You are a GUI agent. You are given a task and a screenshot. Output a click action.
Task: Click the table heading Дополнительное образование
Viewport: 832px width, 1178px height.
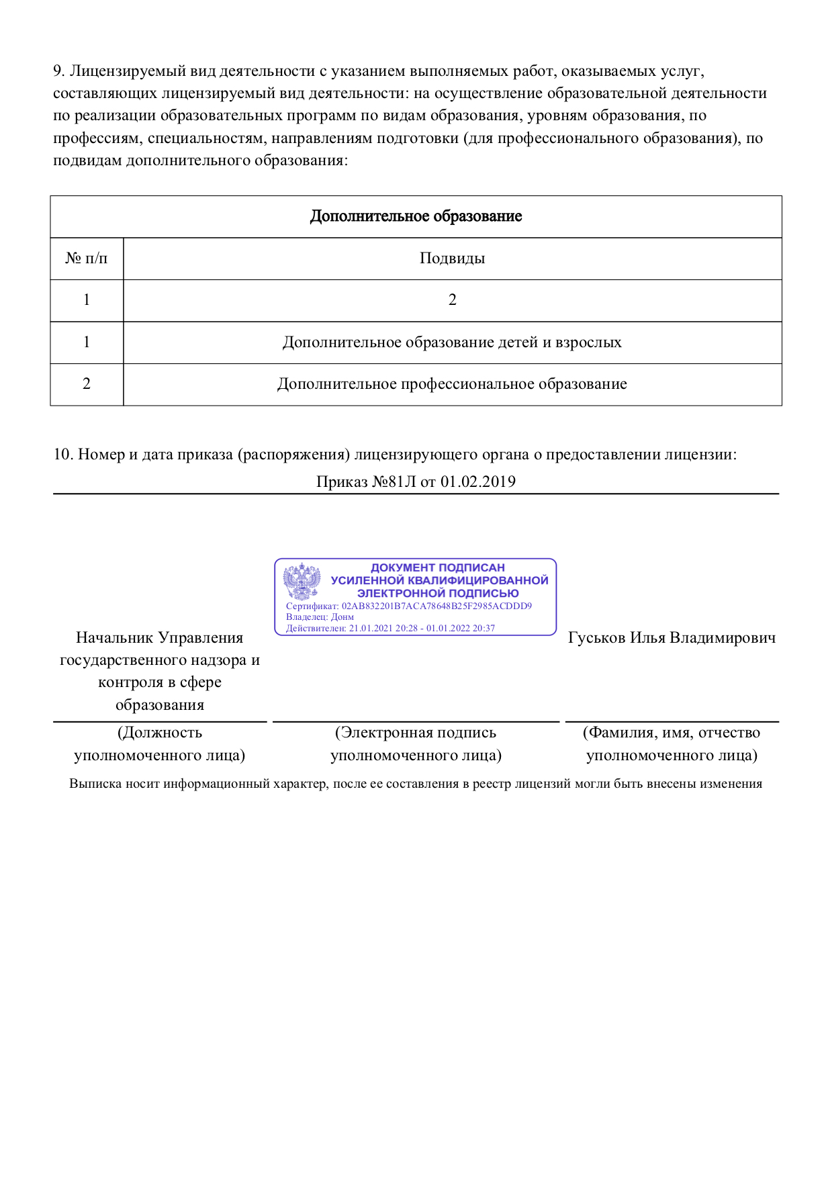click(x=416, y=216)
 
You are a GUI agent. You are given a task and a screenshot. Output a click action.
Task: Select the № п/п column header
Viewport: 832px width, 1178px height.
click(x=86, y=259)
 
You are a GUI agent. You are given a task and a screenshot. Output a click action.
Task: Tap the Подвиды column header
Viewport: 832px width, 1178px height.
click(x=452, y=259)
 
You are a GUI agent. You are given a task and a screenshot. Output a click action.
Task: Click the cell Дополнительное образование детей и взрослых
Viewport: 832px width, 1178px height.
click(x=452, y=343)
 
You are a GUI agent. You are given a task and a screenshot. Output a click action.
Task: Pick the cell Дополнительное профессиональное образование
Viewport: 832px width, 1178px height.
click(x=452, y=384)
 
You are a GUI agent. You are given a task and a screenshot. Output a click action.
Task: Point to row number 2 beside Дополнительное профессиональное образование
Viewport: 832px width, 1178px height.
click(x=86, y=384)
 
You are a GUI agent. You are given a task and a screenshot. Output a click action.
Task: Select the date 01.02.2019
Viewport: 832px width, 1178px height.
click(x=478, y=482)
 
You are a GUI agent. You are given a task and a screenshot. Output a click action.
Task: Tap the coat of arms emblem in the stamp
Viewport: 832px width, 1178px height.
click(x=302, y=581)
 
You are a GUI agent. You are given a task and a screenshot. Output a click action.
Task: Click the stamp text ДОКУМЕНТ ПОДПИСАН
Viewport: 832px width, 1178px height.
click(x=438, y=568)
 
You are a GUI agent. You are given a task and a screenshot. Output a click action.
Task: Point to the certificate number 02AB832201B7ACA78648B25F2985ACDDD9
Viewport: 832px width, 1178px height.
click(x=436, y=606)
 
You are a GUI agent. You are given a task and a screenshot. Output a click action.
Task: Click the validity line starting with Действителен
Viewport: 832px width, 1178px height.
click(x=390, y=629)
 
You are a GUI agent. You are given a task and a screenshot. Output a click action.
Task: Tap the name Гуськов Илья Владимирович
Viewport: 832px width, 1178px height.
click(x=672, y=638)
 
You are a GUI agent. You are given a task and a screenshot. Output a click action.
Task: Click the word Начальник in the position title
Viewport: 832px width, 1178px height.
click(x=114, y=638)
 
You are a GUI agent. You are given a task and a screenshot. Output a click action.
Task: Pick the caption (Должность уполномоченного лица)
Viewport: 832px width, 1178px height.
click(x=160, y=744)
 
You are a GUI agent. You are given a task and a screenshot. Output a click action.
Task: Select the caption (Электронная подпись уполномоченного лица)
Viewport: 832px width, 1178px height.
click(x=416, y=744)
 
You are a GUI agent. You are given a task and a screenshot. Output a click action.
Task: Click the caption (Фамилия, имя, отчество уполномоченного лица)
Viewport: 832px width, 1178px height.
click(x=672, y=744)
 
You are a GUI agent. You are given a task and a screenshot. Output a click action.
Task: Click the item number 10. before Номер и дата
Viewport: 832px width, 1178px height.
click(x=63, y=455)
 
